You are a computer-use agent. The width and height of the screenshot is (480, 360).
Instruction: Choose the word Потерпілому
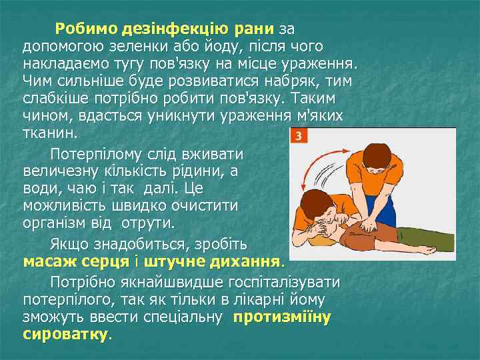[x=103, y=153]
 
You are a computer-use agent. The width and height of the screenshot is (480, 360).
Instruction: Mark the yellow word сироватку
[x=65, y=333]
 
